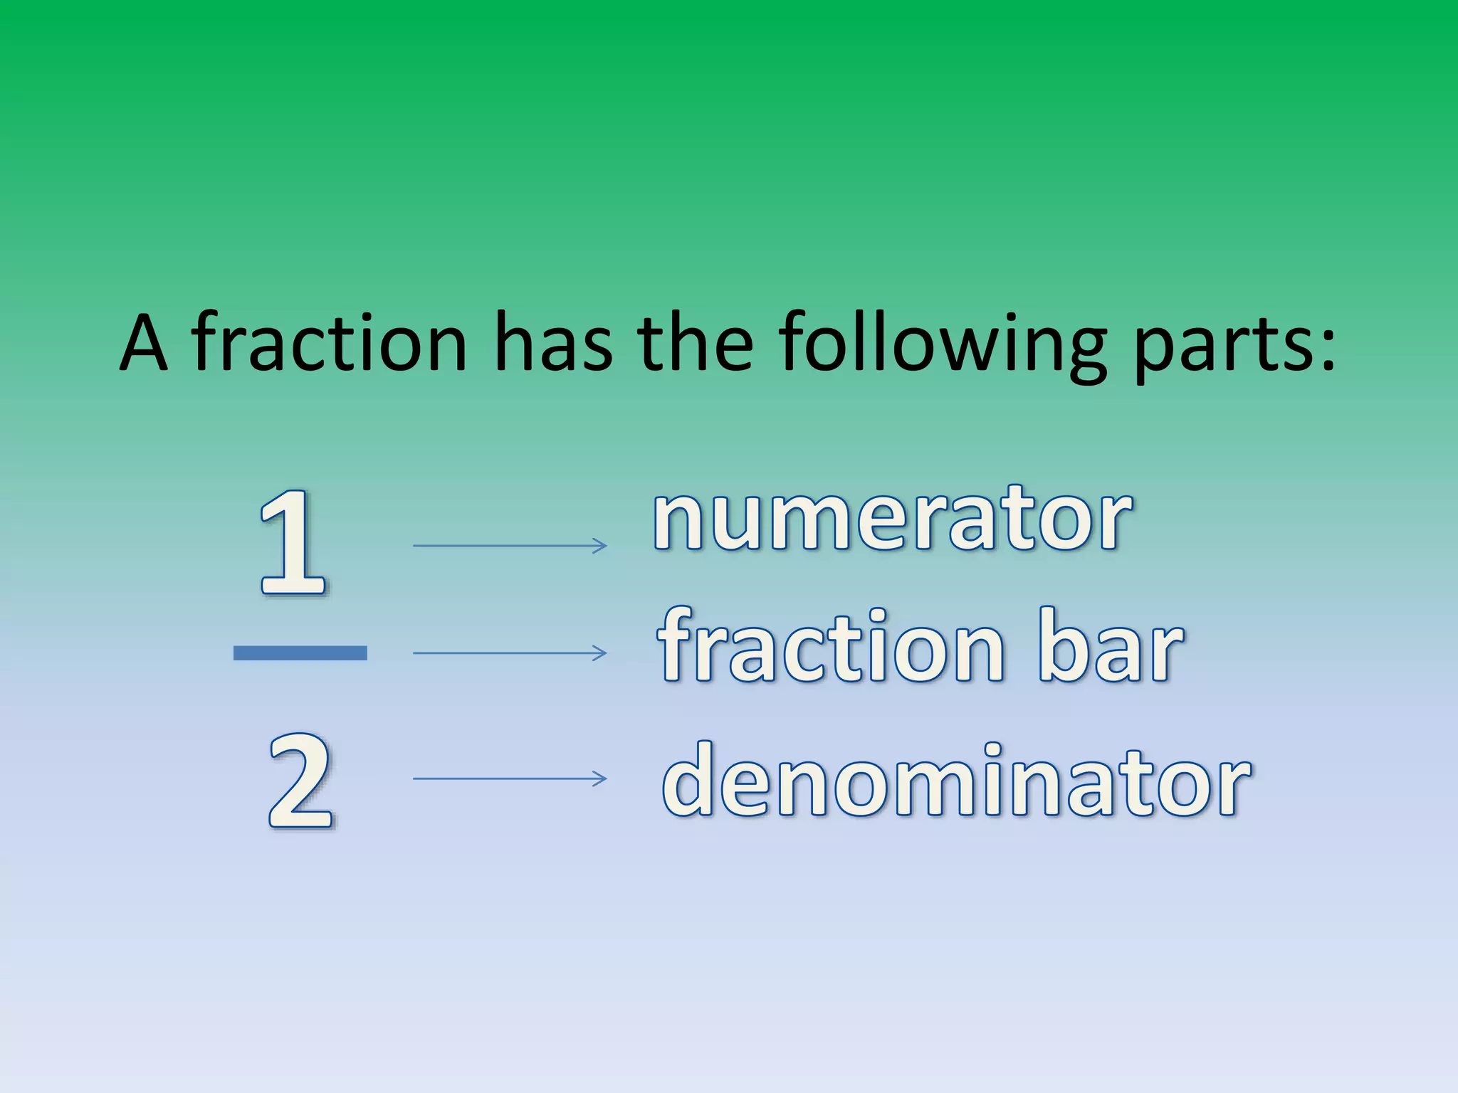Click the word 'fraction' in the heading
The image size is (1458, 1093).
pos(329,343)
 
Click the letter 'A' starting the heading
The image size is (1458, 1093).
pos(144,343)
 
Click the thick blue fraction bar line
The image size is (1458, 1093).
pos(300,653)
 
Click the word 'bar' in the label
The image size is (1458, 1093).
pos(1111,648)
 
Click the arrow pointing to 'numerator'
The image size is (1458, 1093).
pos(509,546)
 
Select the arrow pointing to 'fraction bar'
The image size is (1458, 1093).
pos(509,653)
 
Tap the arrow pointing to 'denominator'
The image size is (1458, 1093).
pos(509,778)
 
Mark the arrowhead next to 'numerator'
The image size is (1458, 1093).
pos(600,546)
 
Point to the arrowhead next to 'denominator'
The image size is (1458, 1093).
pos(600,778)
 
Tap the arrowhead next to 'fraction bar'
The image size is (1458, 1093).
pos(600,653)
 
